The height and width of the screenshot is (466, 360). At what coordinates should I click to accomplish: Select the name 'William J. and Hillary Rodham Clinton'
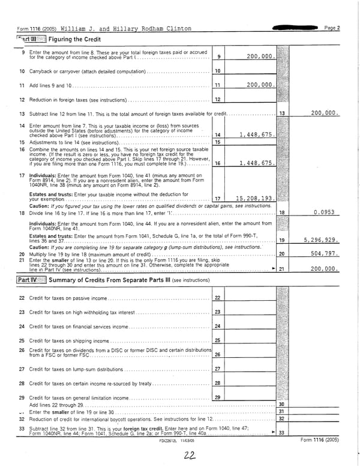pyautogui.click(x=126, y=28)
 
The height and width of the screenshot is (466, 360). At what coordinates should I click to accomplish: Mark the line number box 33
pyautogui.click(x=281, y=433)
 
